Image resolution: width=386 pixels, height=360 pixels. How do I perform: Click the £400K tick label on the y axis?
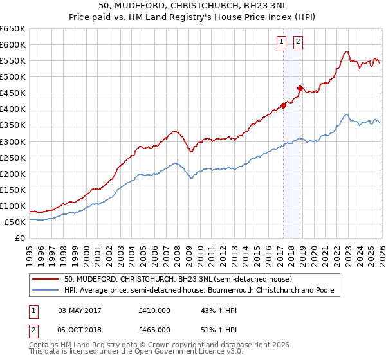[x=13, y=109]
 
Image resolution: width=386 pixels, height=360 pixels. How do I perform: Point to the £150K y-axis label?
[x=13, y=190]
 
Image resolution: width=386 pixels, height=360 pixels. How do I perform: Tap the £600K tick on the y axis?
[x=13, y=44]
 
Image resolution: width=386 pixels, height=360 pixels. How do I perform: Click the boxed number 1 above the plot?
[x=282, y=42]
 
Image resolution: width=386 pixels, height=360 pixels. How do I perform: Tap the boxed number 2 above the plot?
[x=299, y=42]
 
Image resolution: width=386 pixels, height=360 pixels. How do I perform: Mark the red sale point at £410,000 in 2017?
[x=283, y=106]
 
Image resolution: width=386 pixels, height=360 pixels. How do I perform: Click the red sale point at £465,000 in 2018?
[x=299, y=88]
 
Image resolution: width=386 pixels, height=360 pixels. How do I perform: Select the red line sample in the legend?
[x=46, y=280]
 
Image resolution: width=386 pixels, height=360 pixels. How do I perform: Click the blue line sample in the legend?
[x=46, y=291]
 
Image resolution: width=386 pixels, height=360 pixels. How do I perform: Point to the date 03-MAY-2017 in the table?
[x=80, y=310]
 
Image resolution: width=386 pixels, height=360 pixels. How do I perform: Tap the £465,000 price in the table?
[x=154, y=329]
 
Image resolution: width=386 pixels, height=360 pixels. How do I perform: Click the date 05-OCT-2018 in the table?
[x=80, y=329]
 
